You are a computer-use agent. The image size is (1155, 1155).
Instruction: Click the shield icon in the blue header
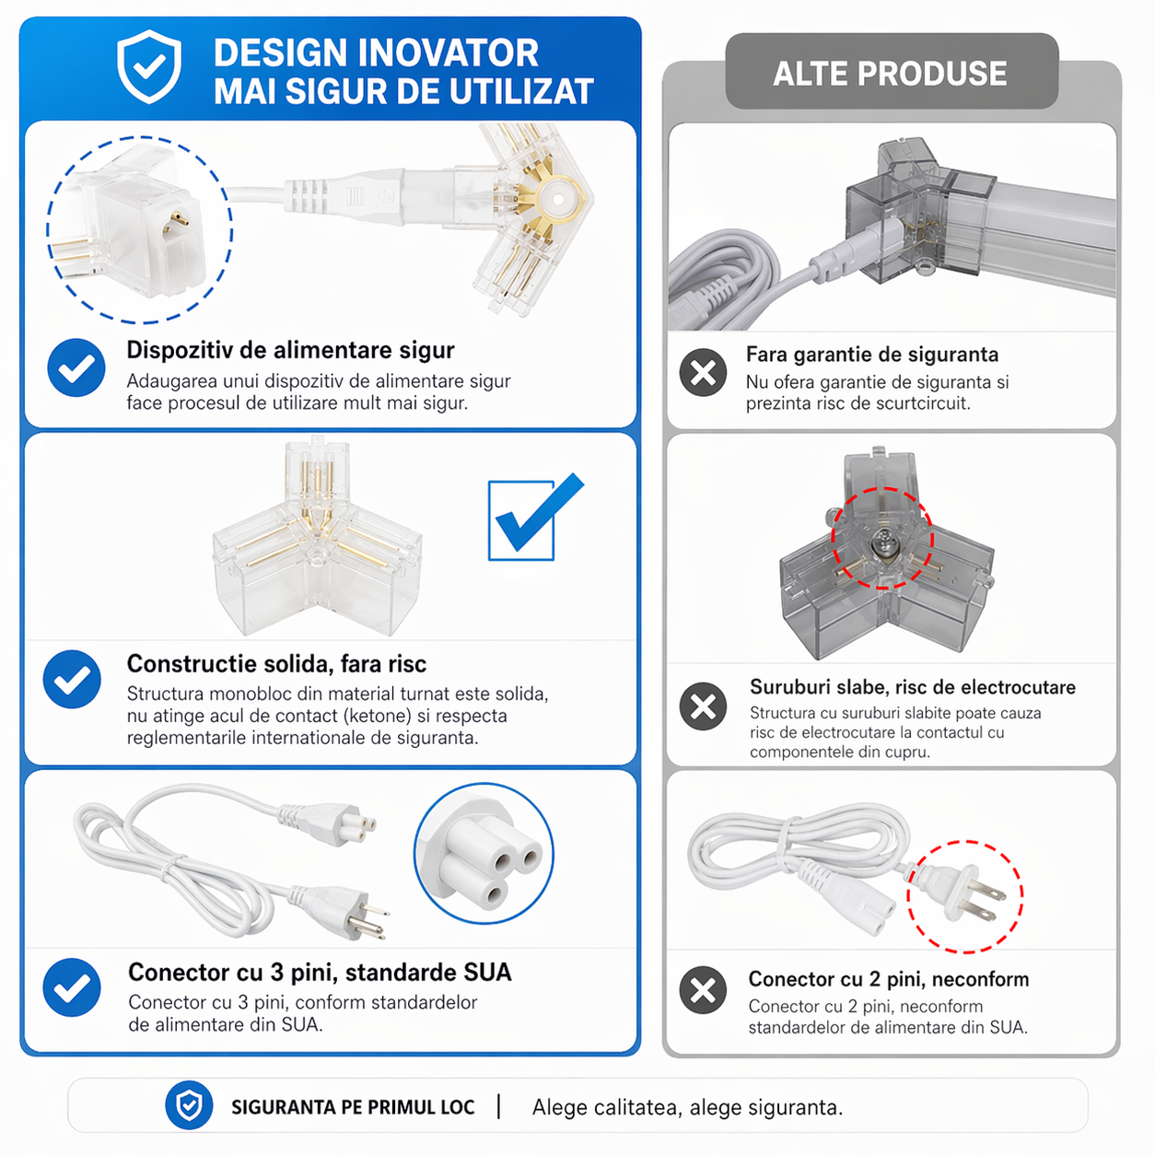coord(148,66)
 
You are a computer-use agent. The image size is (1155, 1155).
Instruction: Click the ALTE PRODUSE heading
coord(890,73)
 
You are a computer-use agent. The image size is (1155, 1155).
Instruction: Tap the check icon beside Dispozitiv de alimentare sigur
coord(76,367)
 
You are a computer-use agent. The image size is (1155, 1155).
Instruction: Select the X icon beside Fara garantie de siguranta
coord(703,372)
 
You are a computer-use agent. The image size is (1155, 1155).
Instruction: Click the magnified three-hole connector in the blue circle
coord(484,854)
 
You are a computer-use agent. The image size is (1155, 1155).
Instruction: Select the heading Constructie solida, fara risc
coord(276,663)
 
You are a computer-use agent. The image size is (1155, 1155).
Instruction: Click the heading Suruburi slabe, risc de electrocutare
coord(912,687)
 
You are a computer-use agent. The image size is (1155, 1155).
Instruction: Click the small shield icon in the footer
coord(189,1105)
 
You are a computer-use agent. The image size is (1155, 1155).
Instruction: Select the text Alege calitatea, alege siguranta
coord(687,1107)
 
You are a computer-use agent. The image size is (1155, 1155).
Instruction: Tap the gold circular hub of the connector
coord(557,200)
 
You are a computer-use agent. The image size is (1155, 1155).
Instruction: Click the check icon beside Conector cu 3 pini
coord(72,987)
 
